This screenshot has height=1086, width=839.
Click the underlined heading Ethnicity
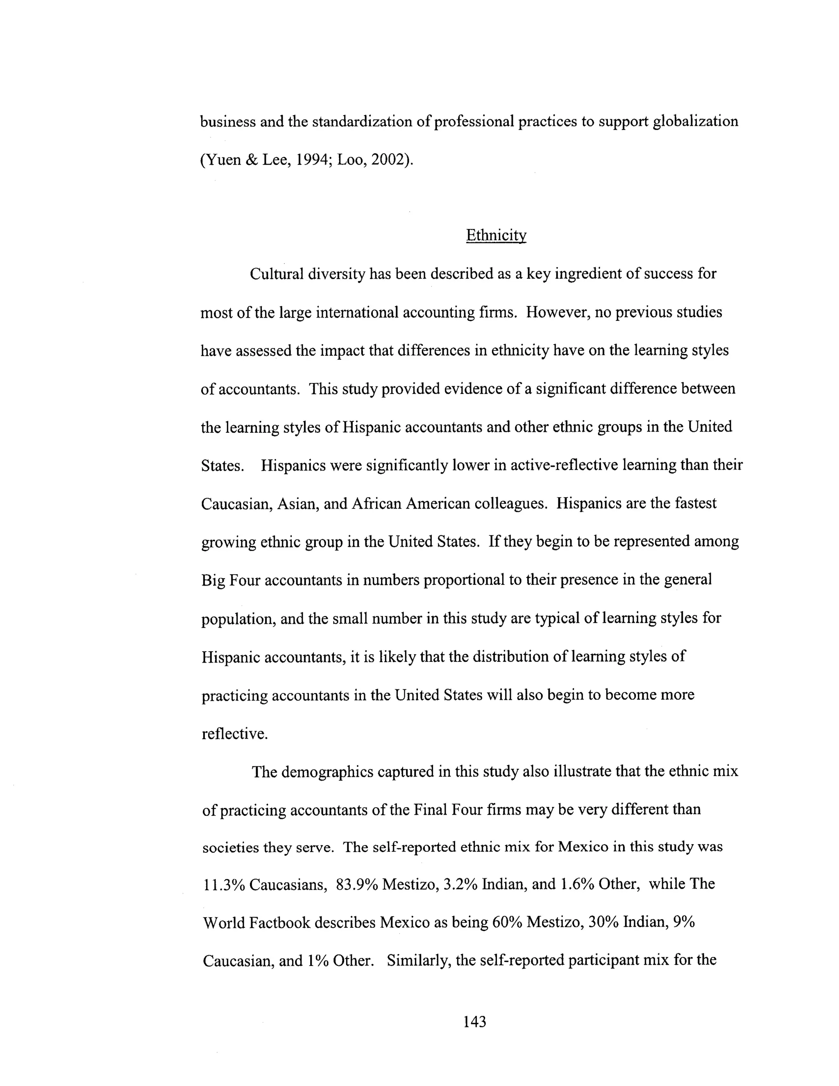tap(496, 235)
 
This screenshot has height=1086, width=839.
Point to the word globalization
tap(695, 121)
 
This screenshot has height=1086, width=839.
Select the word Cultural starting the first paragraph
tap(277, 274)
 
